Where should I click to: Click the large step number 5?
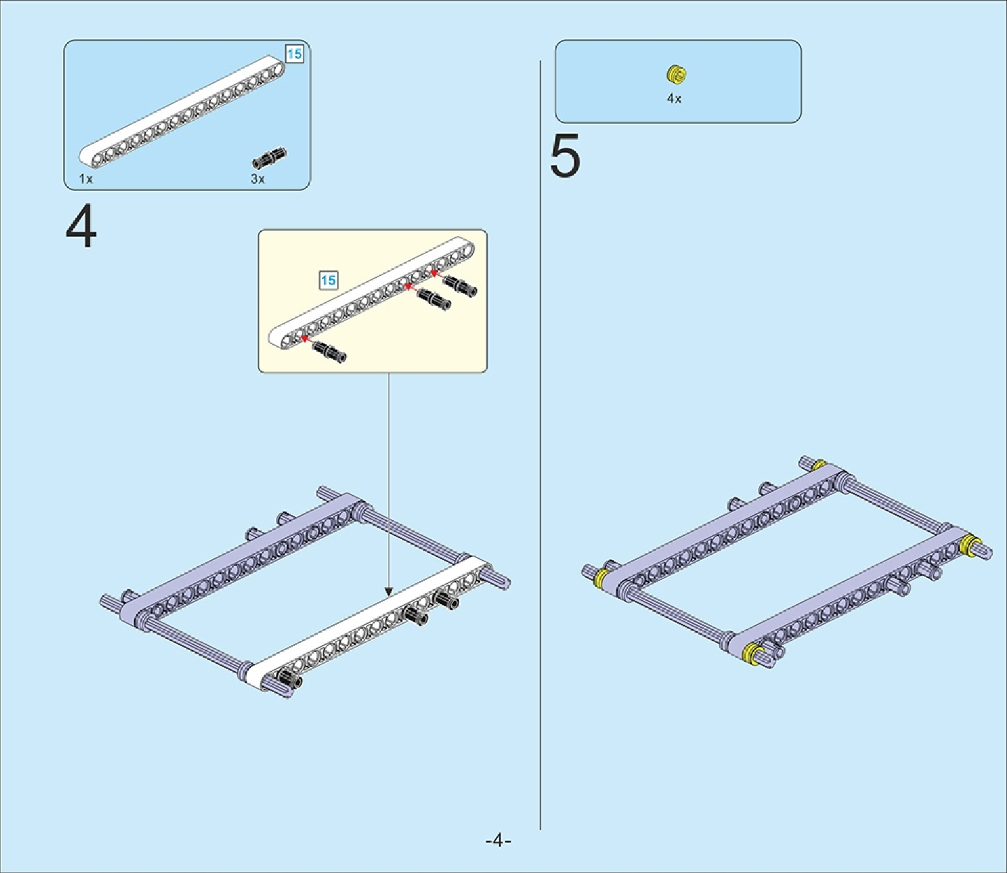pos(565,157)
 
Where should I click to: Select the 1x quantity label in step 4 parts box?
pos(86,179)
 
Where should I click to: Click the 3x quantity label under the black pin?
pos(258,179)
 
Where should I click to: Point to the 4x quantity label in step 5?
pos(674,99)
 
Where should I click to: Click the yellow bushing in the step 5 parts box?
pos(676,73)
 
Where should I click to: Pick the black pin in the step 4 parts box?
pos(270,157)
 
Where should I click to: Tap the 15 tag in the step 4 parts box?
pos(294,54)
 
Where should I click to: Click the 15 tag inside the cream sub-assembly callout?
pos(328,280)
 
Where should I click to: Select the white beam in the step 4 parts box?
pos(182,110)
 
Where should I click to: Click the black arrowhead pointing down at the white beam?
pos(389,592)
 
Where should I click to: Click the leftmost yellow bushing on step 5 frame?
pos(603,578)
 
